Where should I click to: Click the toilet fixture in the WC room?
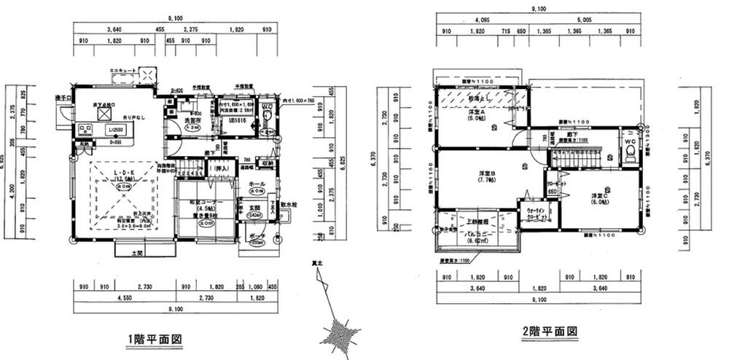[628, 153]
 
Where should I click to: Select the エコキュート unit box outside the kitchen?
[147, 75]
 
